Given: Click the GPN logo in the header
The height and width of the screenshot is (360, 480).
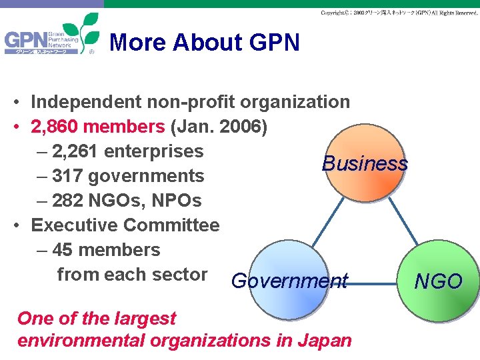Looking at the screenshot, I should (51, 41).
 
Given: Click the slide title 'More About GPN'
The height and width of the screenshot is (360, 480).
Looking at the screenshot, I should (204, 43).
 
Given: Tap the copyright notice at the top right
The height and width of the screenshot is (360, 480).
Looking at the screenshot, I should (399, 13).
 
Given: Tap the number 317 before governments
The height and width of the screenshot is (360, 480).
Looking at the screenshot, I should (67, 176).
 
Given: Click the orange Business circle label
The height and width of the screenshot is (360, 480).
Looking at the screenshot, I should (364, 163).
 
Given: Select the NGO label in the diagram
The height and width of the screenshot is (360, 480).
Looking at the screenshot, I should (438, 281).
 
